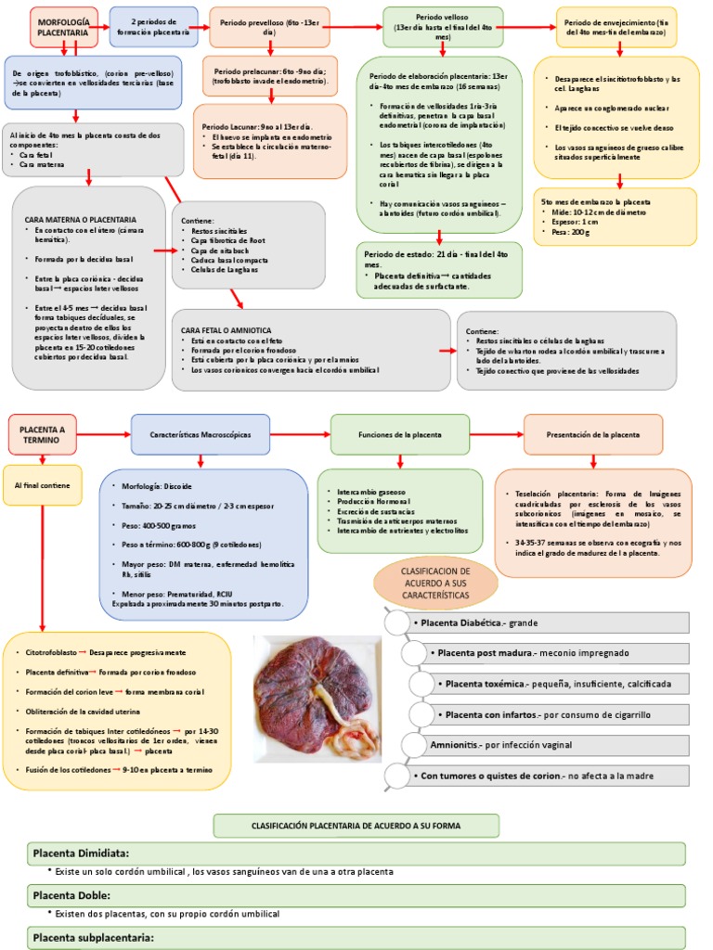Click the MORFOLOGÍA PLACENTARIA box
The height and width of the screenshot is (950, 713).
(x=63, y=26)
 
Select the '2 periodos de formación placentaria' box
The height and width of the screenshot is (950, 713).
(x=153, y=26)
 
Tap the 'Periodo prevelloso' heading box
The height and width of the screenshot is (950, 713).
(x=269, y=26)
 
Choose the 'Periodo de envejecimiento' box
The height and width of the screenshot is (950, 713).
(x=616, y=26)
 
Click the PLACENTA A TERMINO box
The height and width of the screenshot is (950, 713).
(x=43, y=434)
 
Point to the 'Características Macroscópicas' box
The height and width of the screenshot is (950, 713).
(x=201, y=434)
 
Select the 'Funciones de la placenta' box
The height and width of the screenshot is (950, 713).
(x=400, y=434)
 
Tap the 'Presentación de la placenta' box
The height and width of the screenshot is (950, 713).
(x=593, y=434)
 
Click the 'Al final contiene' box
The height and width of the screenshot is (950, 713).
(x=42, y=485)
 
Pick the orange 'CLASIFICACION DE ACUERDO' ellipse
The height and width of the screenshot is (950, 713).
(x=435, y=582)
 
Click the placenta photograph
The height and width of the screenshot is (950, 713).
(x=318, y=698)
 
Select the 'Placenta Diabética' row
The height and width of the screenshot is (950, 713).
(x=548, y=623)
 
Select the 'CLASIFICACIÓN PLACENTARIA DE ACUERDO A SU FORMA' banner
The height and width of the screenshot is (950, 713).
(x=356, y=826)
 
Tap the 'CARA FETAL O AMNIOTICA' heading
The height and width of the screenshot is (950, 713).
(x=226, y=329)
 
